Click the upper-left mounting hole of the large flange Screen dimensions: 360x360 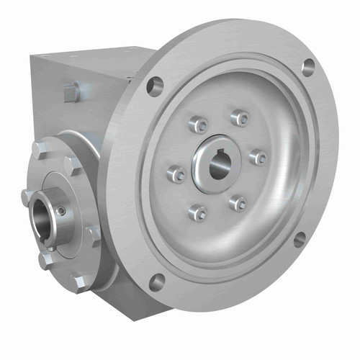[x=155, y=86]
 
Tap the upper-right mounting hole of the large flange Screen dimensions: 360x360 [x=307, y=68]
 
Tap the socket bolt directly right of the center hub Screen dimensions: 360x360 [x=258, y=157]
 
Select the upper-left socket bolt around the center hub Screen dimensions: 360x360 [x=198, y=125]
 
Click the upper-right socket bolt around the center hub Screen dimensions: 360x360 [x=240, y=117]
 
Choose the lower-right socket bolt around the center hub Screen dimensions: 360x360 [x=238, y=203]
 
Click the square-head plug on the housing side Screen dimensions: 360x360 [x=71, y=91]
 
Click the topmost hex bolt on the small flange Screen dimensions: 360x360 [x=40, y=150]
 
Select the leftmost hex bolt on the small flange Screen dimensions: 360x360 [x=27, y=197]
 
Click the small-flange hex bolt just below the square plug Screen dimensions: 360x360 [x=72, y=166]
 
